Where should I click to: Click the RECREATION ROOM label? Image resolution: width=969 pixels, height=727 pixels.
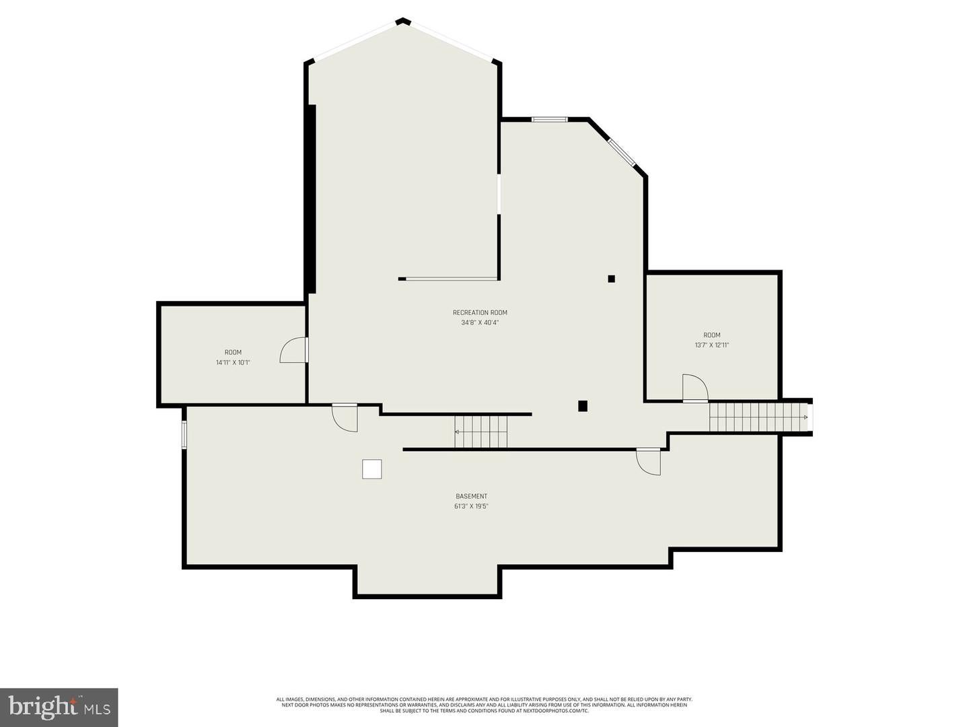(480, 312)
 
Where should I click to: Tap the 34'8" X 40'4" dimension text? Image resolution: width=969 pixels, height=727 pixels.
(480, 322)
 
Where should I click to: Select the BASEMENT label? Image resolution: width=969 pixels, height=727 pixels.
(471, 497)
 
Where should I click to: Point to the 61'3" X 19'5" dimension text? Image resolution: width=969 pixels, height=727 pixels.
(471, 507)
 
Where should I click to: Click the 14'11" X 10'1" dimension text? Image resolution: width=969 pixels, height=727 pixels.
(233, 363)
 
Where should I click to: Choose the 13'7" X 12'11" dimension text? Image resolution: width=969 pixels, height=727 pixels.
(712, 345)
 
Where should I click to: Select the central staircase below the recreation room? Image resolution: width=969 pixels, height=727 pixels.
(481, 431)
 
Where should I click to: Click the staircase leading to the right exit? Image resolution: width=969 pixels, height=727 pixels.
(757, 417)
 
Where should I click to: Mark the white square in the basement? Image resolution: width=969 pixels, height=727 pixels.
(372, 469)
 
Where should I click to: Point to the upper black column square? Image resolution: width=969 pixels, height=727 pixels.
(612, 279)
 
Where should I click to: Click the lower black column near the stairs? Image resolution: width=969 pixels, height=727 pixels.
(583, 406)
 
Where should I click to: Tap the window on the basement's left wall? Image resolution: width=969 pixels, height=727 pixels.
(184, 434)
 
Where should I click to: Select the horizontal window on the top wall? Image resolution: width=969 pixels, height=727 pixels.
(550, 120)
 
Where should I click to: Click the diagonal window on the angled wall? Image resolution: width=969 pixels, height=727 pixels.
(622, 152)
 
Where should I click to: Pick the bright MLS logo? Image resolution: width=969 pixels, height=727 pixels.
(59, 707)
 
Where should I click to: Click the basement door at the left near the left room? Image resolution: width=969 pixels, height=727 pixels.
(345, 417)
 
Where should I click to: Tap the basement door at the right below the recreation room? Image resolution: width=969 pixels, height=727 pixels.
(649, 462)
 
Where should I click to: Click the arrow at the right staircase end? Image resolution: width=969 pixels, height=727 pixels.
(805, 417)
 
